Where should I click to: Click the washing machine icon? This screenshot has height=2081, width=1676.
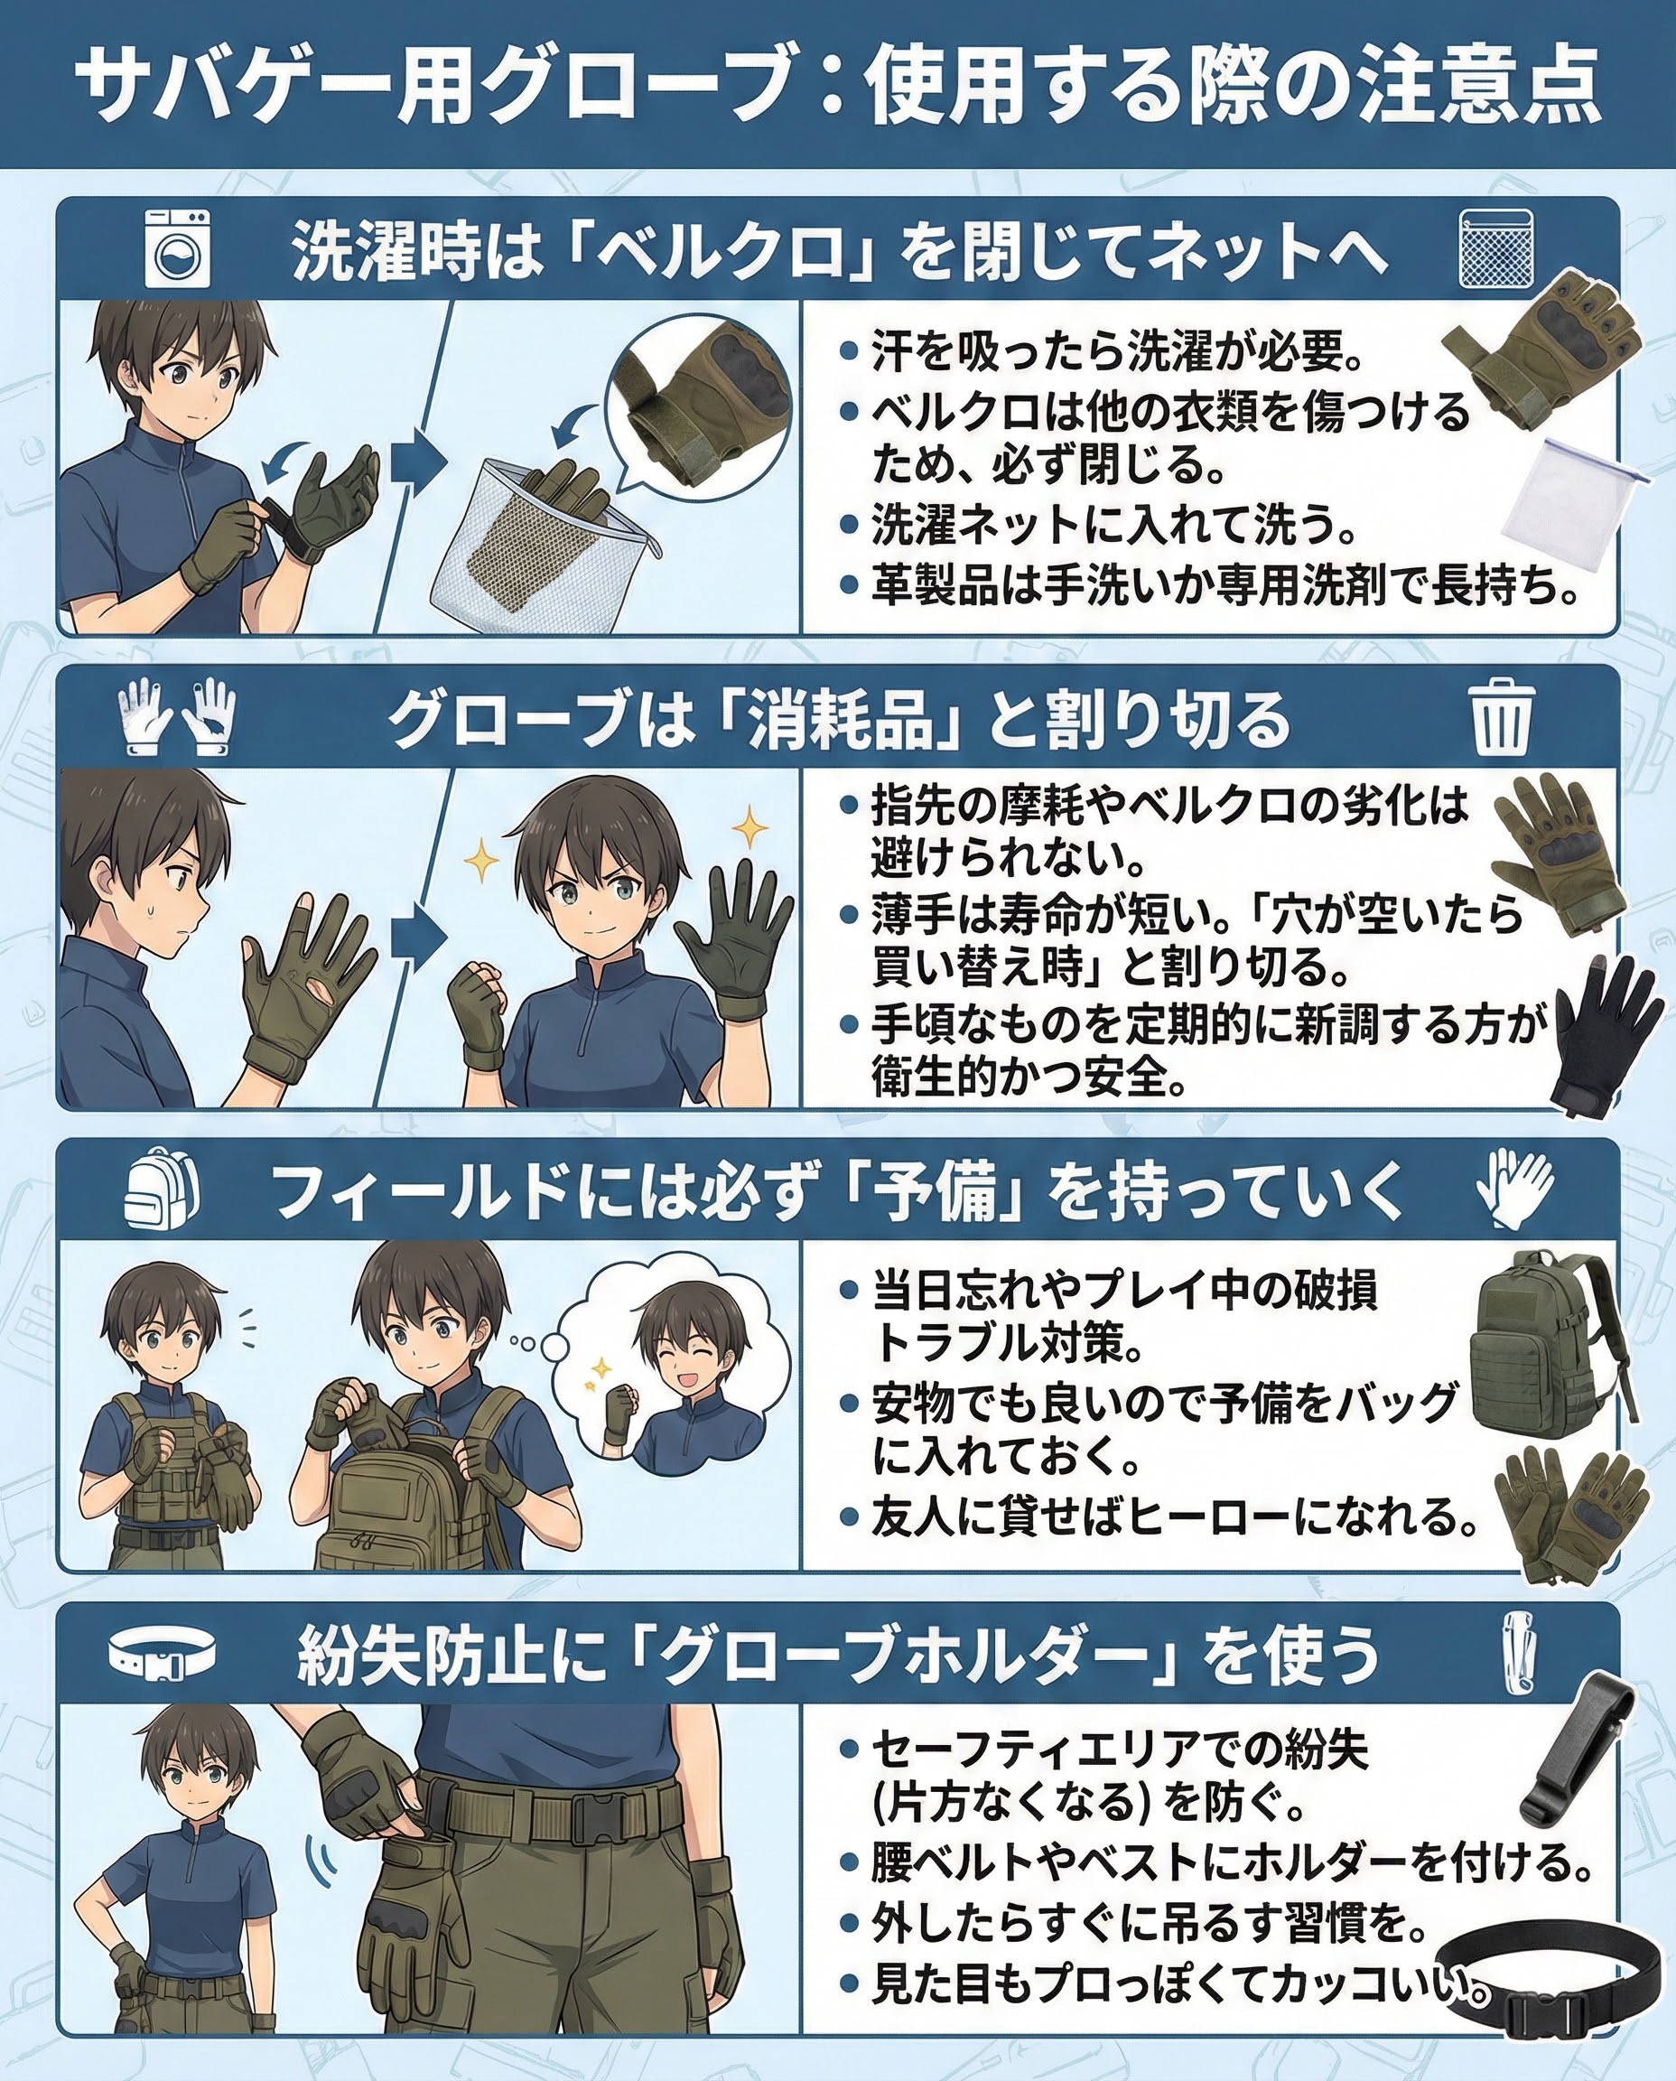pos(177,250)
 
